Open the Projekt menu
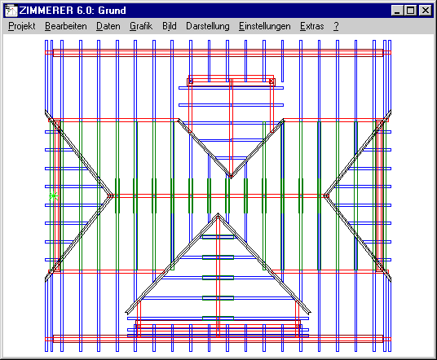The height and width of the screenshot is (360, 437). tap(22, 26)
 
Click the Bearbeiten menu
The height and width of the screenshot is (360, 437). tap(66, 26)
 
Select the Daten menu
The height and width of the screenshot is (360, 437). tap(108, 26)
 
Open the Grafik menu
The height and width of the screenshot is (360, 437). tap(141, 26)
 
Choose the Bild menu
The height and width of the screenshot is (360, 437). tap(170, 26)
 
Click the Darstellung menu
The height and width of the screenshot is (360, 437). tap(208, 26)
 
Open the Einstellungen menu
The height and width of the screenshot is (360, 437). tap(264, 26)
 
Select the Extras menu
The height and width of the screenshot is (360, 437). tap(312, 26)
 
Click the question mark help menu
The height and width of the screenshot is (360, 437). tap(336, 26)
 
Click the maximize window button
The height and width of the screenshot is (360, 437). tap(411, 11)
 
